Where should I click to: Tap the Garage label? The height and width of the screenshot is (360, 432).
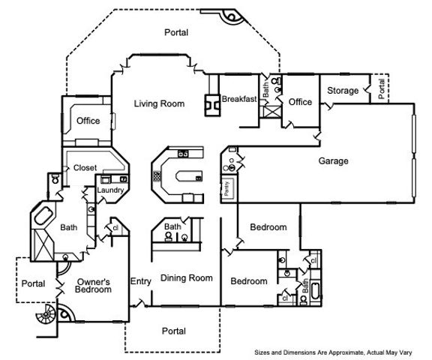pos(333,160)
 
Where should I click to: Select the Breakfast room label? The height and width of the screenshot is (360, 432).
pos(239,99)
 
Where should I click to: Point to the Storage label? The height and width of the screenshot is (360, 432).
pos(342,91)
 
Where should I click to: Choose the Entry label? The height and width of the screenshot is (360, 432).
pos(141,281)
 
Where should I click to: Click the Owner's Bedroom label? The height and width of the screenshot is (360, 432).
pos(94,286)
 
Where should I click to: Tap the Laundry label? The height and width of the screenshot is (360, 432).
pos(110,190)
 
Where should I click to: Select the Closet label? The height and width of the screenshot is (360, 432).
pos(85,168)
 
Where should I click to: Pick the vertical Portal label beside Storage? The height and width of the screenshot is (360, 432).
pos(382,89)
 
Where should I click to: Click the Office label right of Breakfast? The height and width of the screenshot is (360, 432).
pos(300,102)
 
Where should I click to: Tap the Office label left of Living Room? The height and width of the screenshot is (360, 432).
pos(88,121)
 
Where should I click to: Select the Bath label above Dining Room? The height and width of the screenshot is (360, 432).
pos(172,226)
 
